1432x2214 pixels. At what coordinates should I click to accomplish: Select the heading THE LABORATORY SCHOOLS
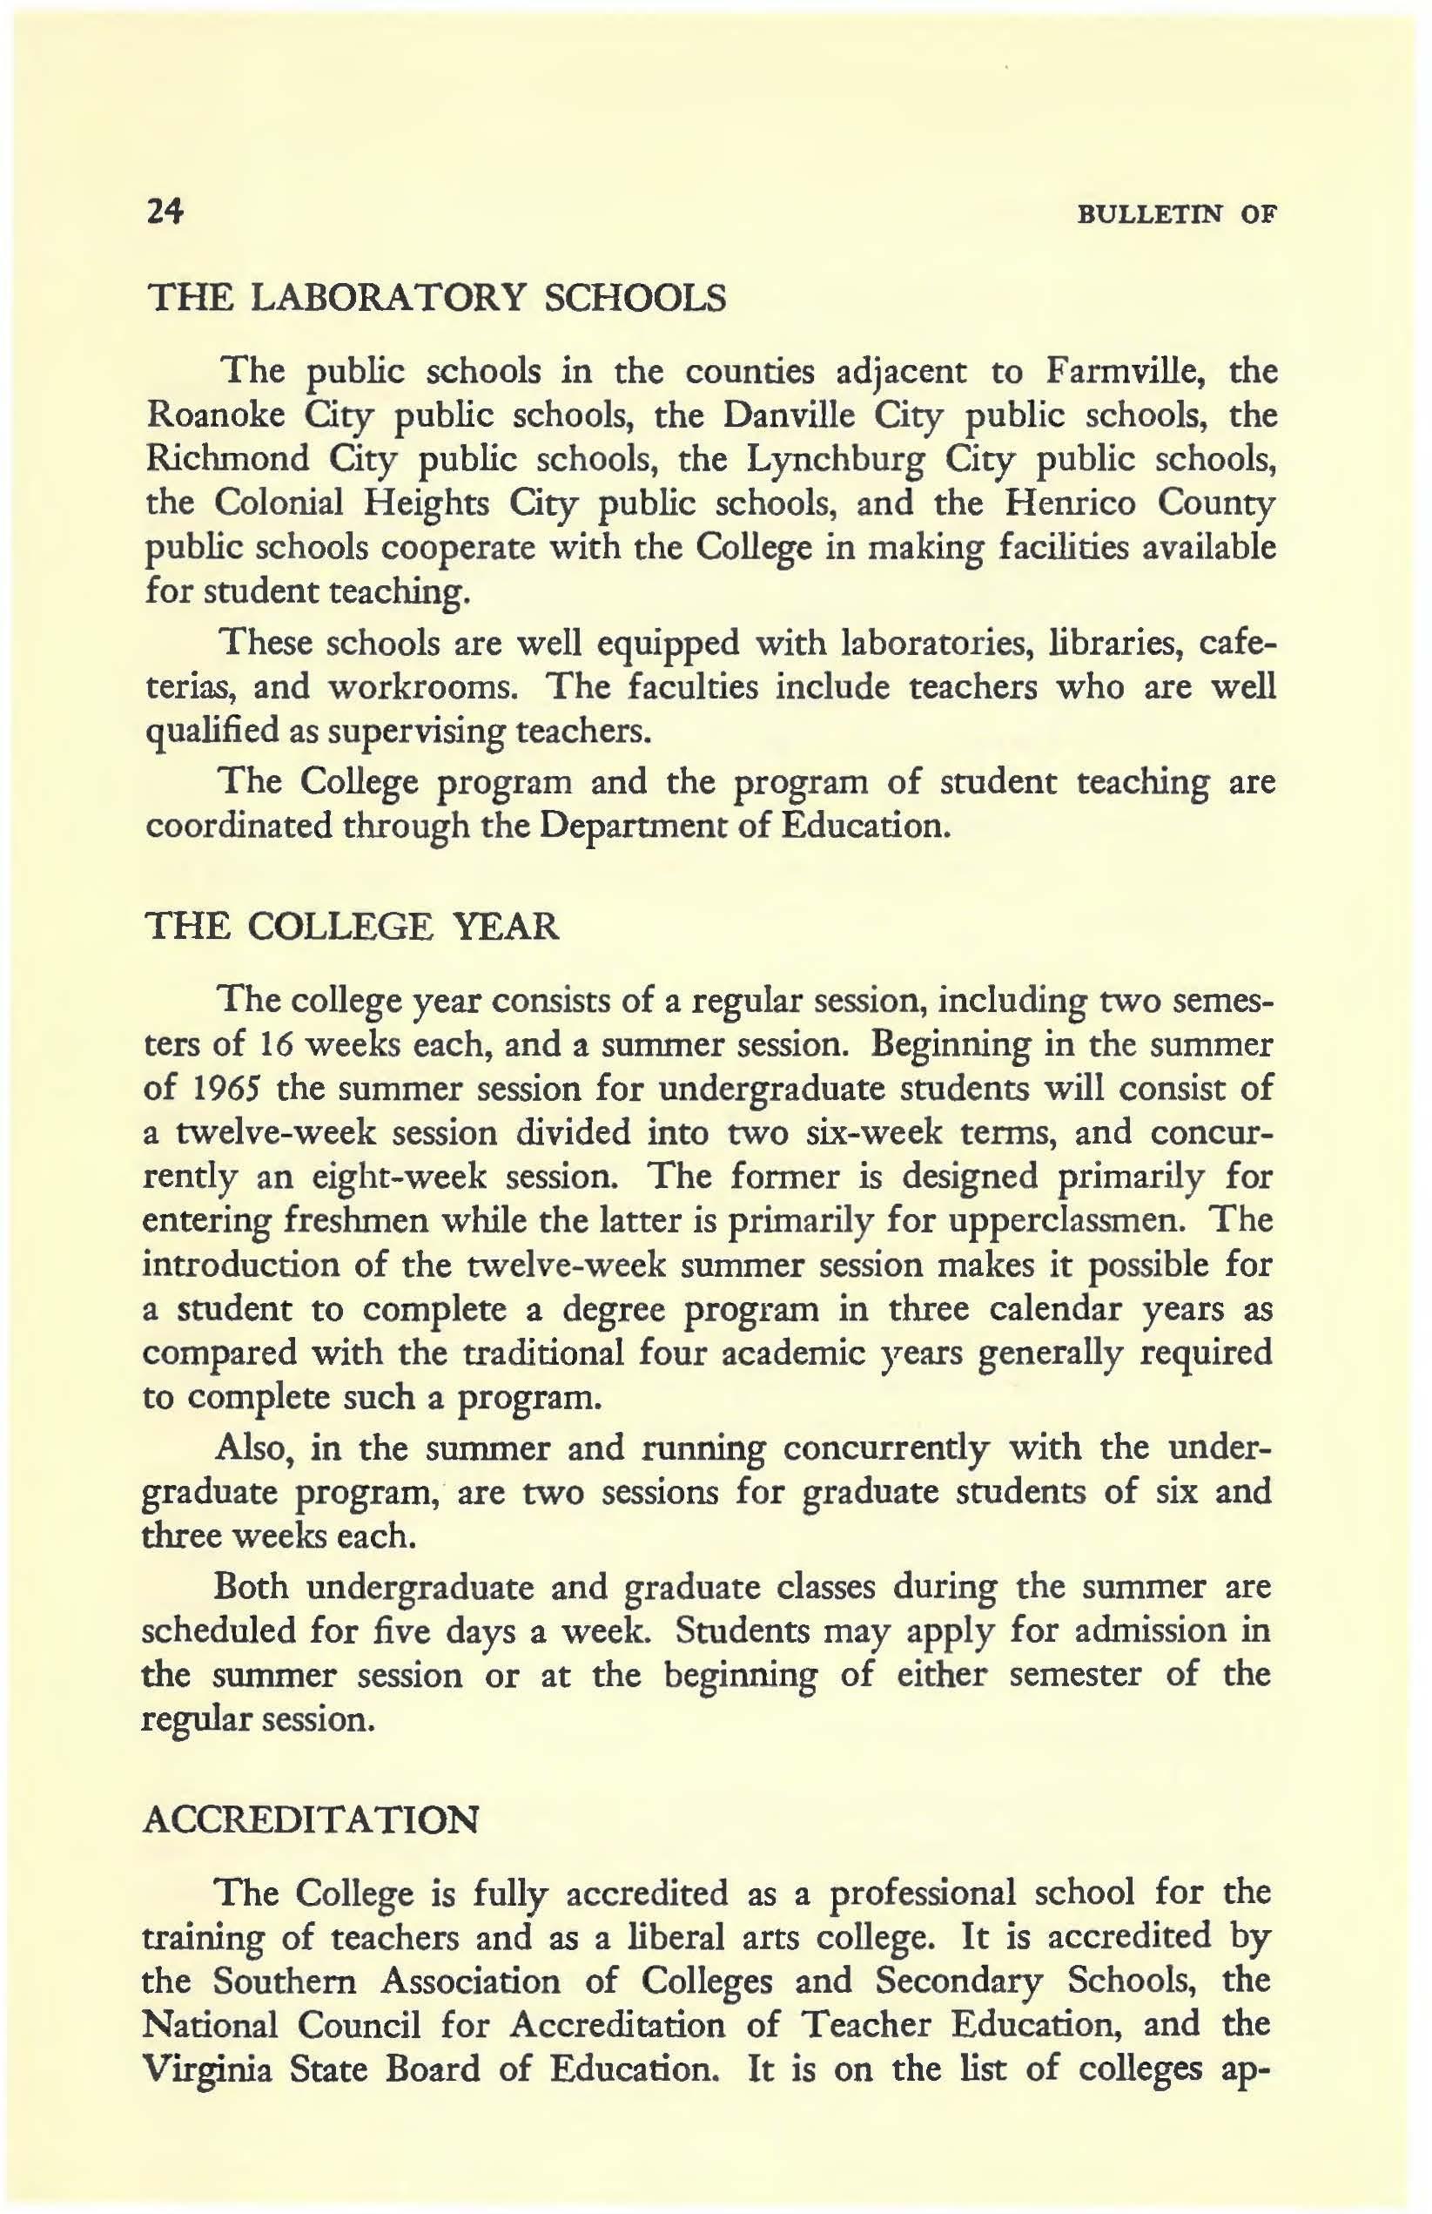437,300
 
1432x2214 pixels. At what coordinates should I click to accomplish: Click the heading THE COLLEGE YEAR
353,928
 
